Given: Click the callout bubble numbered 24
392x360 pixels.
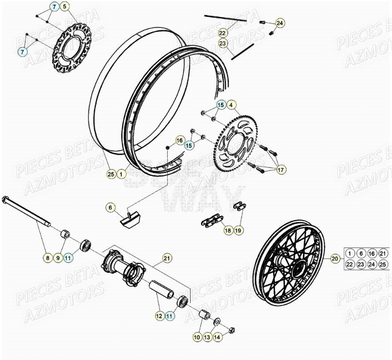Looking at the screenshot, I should coord(279,23).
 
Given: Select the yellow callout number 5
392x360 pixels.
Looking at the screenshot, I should coord(64,7).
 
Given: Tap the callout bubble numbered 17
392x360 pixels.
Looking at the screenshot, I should coord(281,170).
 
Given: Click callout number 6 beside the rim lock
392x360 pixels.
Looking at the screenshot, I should coord(111,208).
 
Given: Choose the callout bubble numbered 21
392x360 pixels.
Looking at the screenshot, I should coord(166,258).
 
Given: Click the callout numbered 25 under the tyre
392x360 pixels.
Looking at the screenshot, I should coord(111,172).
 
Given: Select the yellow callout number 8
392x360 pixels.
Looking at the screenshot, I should coord(47,258).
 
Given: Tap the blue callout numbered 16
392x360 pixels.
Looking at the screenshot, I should coord(179,140).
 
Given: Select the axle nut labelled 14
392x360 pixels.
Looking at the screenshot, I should coord(231,330).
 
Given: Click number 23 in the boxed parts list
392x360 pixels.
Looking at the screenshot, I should coord(361,265).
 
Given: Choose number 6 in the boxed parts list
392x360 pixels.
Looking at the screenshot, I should coord(361,253).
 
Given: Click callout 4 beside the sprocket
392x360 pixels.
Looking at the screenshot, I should coord(232,104).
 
